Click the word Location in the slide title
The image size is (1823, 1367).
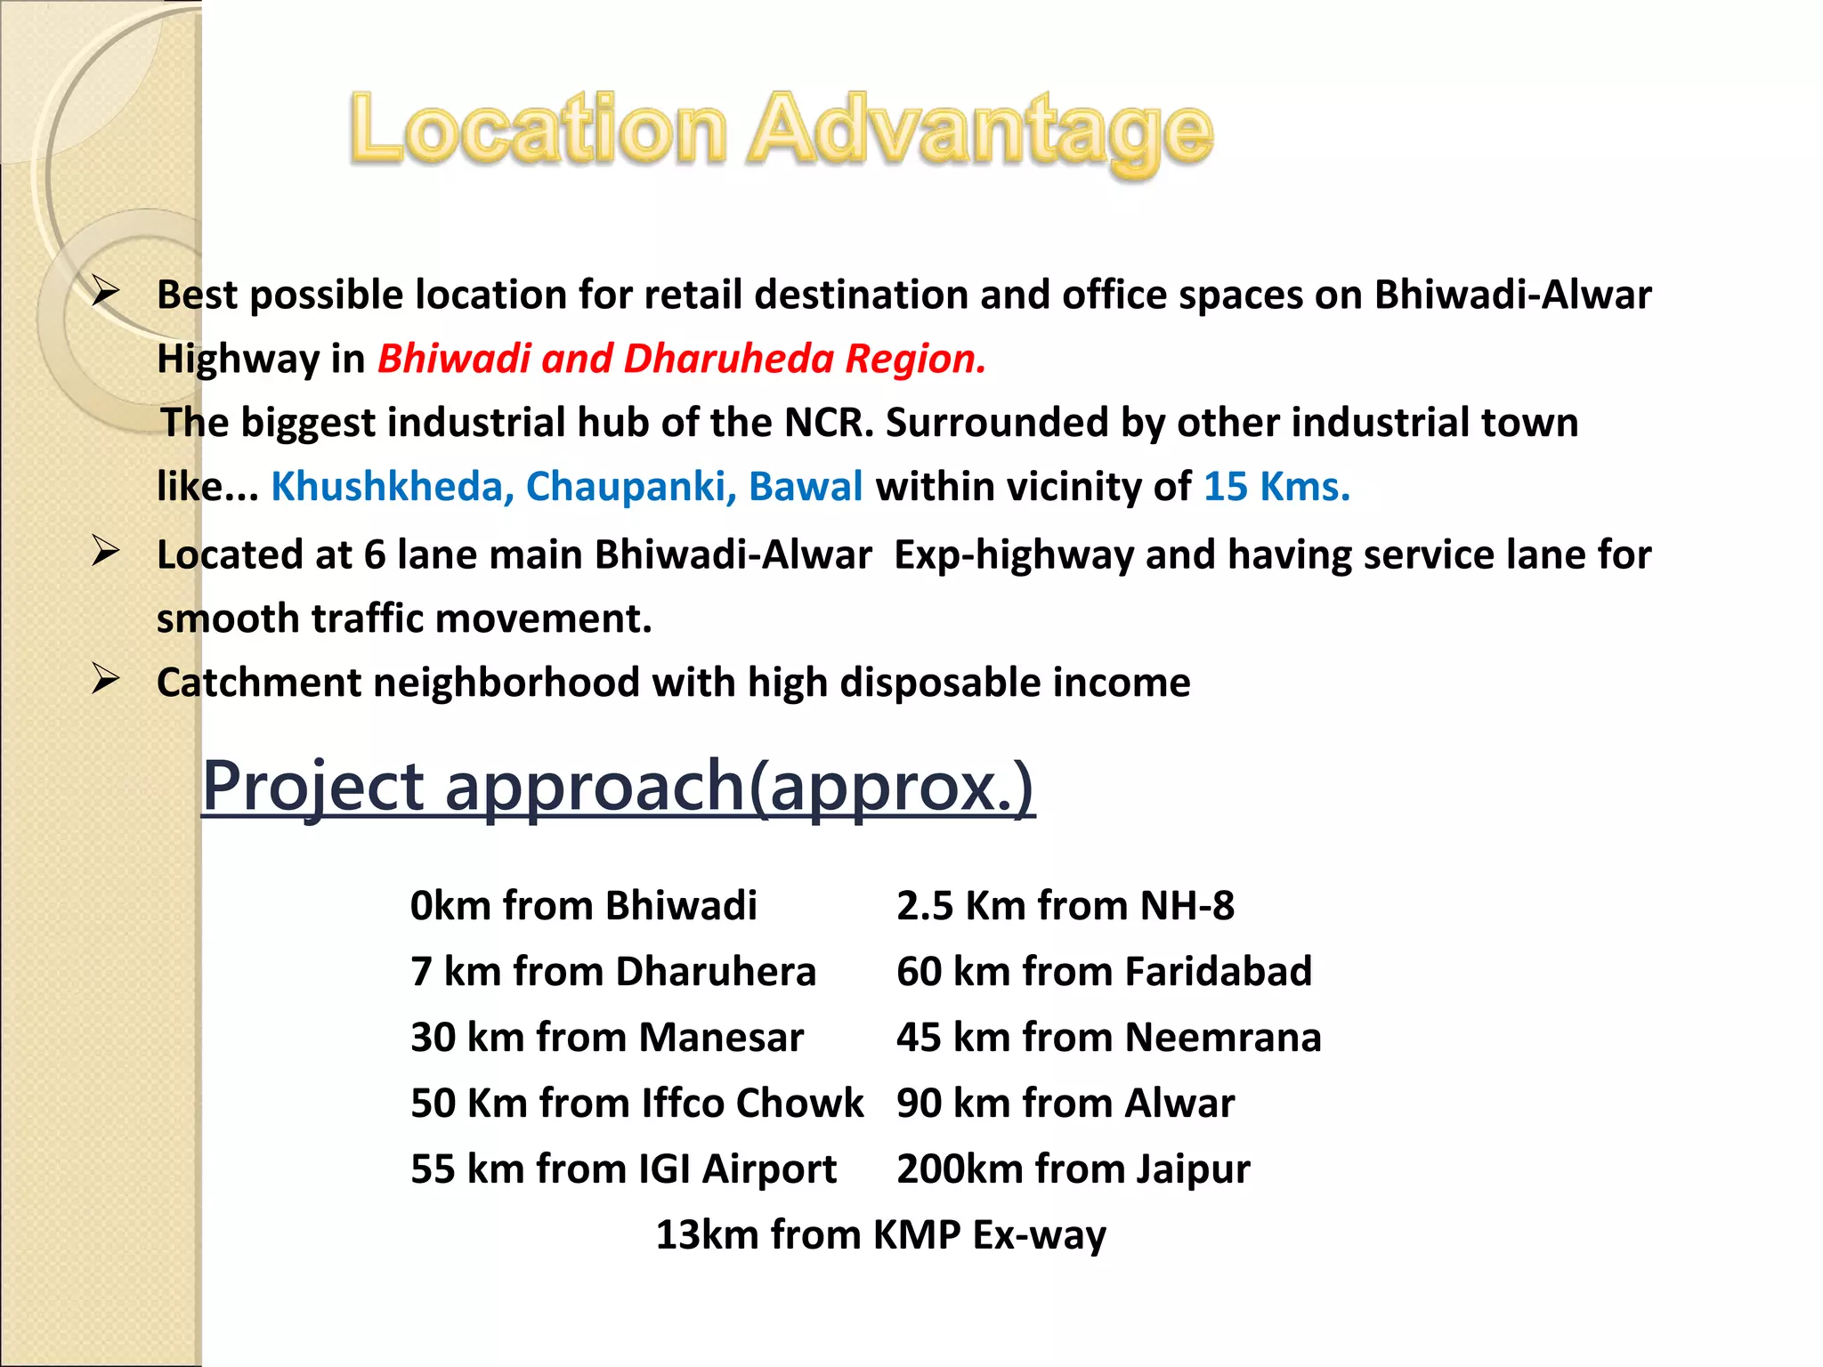point(539,130)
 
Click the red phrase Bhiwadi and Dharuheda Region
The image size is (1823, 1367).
point(682,359)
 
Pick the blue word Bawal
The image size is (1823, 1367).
point(806,487)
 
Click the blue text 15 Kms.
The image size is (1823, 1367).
point(1276,487)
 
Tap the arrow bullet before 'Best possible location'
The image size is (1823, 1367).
point(106,291)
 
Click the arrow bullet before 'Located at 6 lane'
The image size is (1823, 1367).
point(106,552)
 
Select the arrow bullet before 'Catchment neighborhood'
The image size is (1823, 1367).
point(106,680)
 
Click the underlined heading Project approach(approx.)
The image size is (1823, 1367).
point(618,787)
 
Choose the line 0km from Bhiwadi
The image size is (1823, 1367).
point(583,906)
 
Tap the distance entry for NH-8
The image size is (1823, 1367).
point(1065,906)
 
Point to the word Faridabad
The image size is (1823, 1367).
point(1218,972)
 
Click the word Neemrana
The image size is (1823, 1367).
point(1223,1038)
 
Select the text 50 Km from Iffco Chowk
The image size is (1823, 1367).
point(636,1104)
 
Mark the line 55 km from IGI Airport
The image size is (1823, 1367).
point(623,1169)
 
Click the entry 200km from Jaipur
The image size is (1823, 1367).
point(1073,1169)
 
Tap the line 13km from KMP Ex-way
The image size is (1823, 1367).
point(880,1235)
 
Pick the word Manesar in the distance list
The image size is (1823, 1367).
point(721,1038)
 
